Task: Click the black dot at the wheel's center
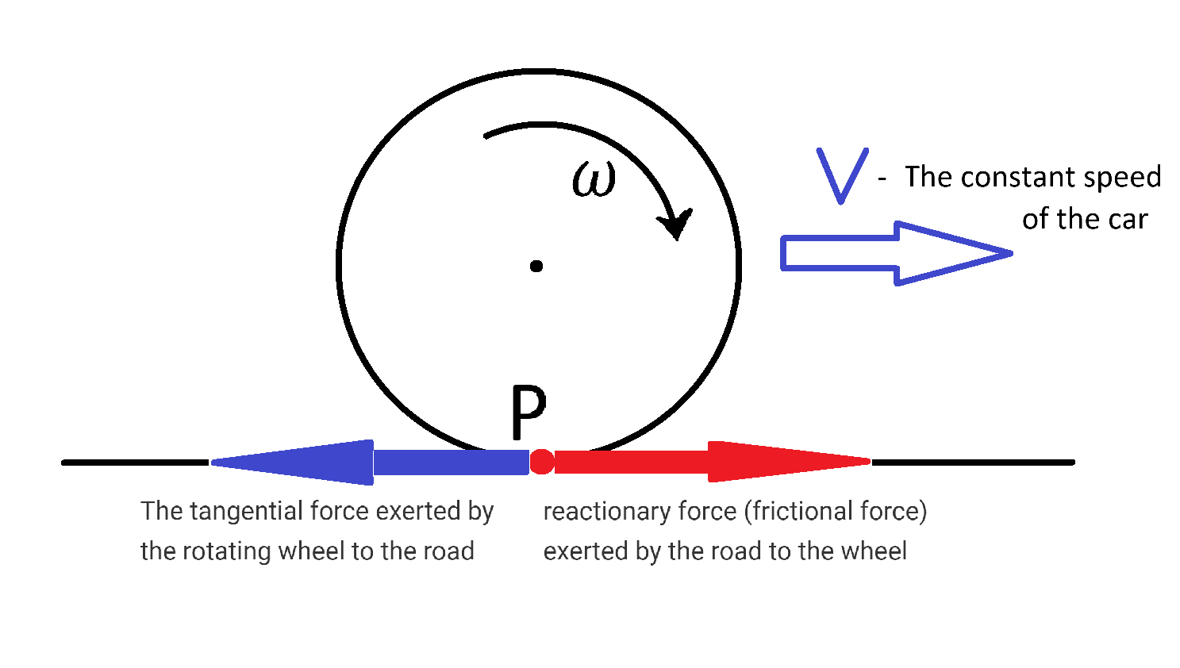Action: tap(536, 266)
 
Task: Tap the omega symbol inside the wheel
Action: tap(594, 180)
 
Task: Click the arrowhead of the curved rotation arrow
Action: tap(676, 224)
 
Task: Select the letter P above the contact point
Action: tap(529, 412)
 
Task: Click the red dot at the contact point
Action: tap(542, 462)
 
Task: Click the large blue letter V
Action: tap(843, 175)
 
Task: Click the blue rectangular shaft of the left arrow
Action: tap(451, 462)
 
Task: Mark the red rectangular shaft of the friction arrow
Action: tap(631, 462)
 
